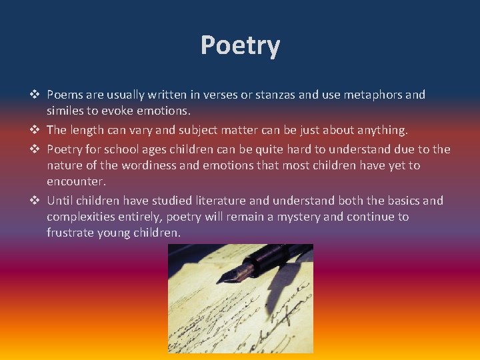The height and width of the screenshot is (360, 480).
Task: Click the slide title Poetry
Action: tap(240, 46)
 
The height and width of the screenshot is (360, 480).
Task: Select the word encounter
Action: tap(76, 181)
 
